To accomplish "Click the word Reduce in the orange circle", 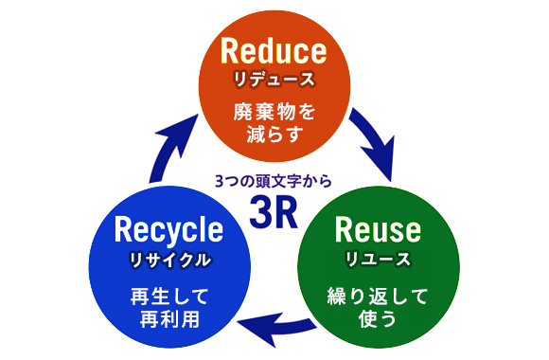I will click(x=273, y=50).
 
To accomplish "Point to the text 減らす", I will click(x=273, y=135).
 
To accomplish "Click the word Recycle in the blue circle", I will click(x=168, y=229).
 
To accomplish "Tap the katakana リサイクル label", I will click(x=168, y=258).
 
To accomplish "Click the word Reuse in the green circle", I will click(x=377, y=229).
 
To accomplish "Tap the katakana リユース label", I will click(x=377, y=258).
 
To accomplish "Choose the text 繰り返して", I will click(x=377, y=294).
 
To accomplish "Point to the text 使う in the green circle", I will click(x=377, y=317).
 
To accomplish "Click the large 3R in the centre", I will click(x=274, y=212).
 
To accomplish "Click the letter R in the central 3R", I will click(x=286, y=212).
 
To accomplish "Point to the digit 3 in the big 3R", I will click(x=260, y=212).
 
